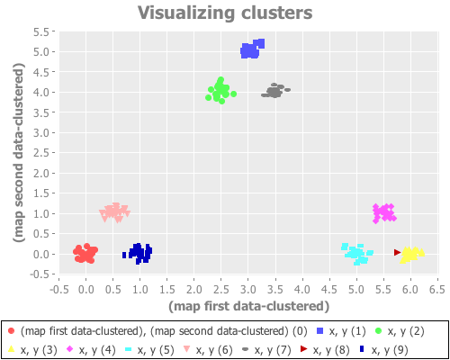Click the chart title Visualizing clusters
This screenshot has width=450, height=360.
[225, 13]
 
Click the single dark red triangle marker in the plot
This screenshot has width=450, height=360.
[397, 253]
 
